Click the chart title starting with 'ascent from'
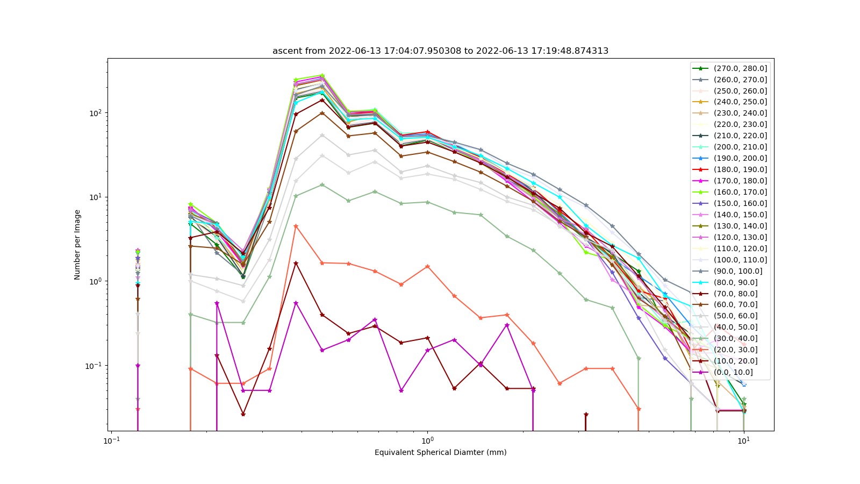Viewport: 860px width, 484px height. [440, 51]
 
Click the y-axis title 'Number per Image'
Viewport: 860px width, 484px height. [77, 245]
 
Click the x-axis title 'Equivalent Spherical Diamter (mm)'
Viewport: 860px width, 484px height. [440, 452]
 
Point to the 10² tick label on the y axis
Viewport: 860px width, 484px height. [97, 113]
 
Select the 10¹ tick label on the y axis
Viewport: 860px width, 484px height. [97, 197]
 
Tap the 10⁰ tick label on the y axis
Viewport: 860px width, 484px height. [97, 281]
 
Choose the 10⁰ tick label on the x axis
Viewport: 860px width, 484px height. [427, 440]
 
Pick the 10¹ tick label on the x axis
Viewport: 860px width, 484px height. [744, 440]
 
